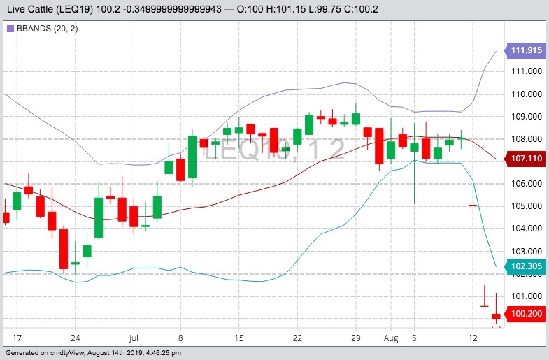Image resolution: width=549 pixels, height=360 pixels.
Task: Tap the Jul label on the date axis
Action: click(x=134, y=338)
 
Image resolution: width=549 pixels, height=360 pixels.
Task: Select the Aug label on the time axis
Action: click(x=391, y=338)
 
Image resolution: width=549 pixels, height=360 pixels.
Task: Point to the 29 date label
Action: click(x=355, y=338)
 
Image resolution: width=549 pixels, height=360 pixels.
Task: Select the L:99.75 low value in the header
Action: click(x=352, y=8)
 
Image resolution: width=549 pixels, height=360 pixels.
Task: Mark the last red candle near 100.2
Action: click(x=496, y=317)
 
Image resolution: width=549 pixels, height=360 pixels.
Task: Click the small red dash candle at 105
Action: click(x=473, y=206)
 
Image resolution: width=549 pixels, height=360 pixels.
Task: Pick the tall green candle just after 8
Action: click(x=192, y=157)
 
